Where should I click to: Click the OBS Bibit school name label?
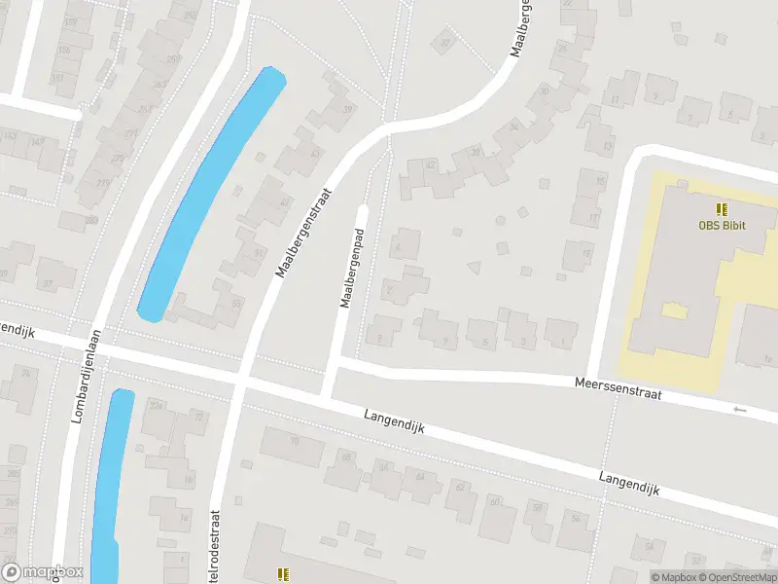click(x=722, y=226)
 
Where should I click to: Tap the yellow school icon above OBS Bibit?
click(x=722, y=208)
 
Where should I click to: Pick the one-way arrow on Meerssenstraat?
click(x=740, y=410)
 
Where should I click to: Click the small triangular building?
click(x=475, y=265)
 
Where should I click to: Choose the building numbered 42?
click(x=431, y=166)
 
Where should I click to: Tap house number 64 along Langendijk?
click(x=420, y=476)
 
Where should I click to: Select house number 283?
click(x=92, y=221)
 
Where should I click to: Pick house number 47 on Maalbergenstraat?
click(x=285, y=202)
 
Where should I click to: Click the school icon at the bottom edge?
click(x=283, y=575)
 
